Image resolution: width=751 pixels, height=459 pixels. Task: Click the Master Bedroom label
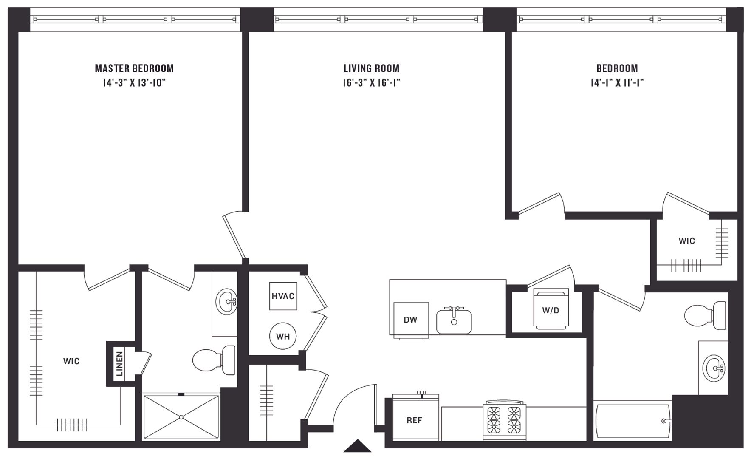tap(134, 68)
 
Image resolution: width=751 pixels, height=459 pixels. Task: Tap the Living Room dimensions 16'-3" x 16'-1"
tap(372, 82)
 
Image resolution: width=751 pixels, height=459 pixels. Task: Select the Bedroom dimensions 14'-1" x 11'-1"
tap(617, 82)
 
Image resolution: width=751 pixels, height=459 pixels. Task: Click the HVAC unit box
tap(283, 296)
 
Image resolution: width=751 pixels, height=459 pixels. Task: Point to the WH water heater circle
tap(283, 336)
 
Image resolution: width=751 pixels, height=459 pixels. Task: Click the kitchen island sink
tap(454, 321)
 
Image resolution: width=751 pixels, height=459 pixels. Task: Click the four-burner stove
tap(504, 420)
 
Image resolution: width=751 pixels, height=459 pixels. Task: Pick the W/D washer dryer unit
tap(551, 309)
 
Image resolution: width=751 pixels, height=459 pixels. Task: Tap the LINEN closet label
tap(120, 364)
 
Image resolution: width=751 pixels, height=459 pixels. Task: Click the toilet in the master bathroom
tap(214, 360)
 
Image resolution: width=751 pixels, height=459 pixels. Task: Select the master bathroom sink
tap(226, 302)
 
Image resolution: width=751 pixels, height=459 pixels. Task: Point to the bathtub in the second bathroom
tap(632, 421)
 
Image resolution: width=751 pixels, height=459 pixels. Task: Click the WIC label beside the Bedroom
tap(687, 241)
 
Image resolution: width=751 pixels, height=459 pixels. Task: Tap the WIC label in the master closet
tap(71, 361)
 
